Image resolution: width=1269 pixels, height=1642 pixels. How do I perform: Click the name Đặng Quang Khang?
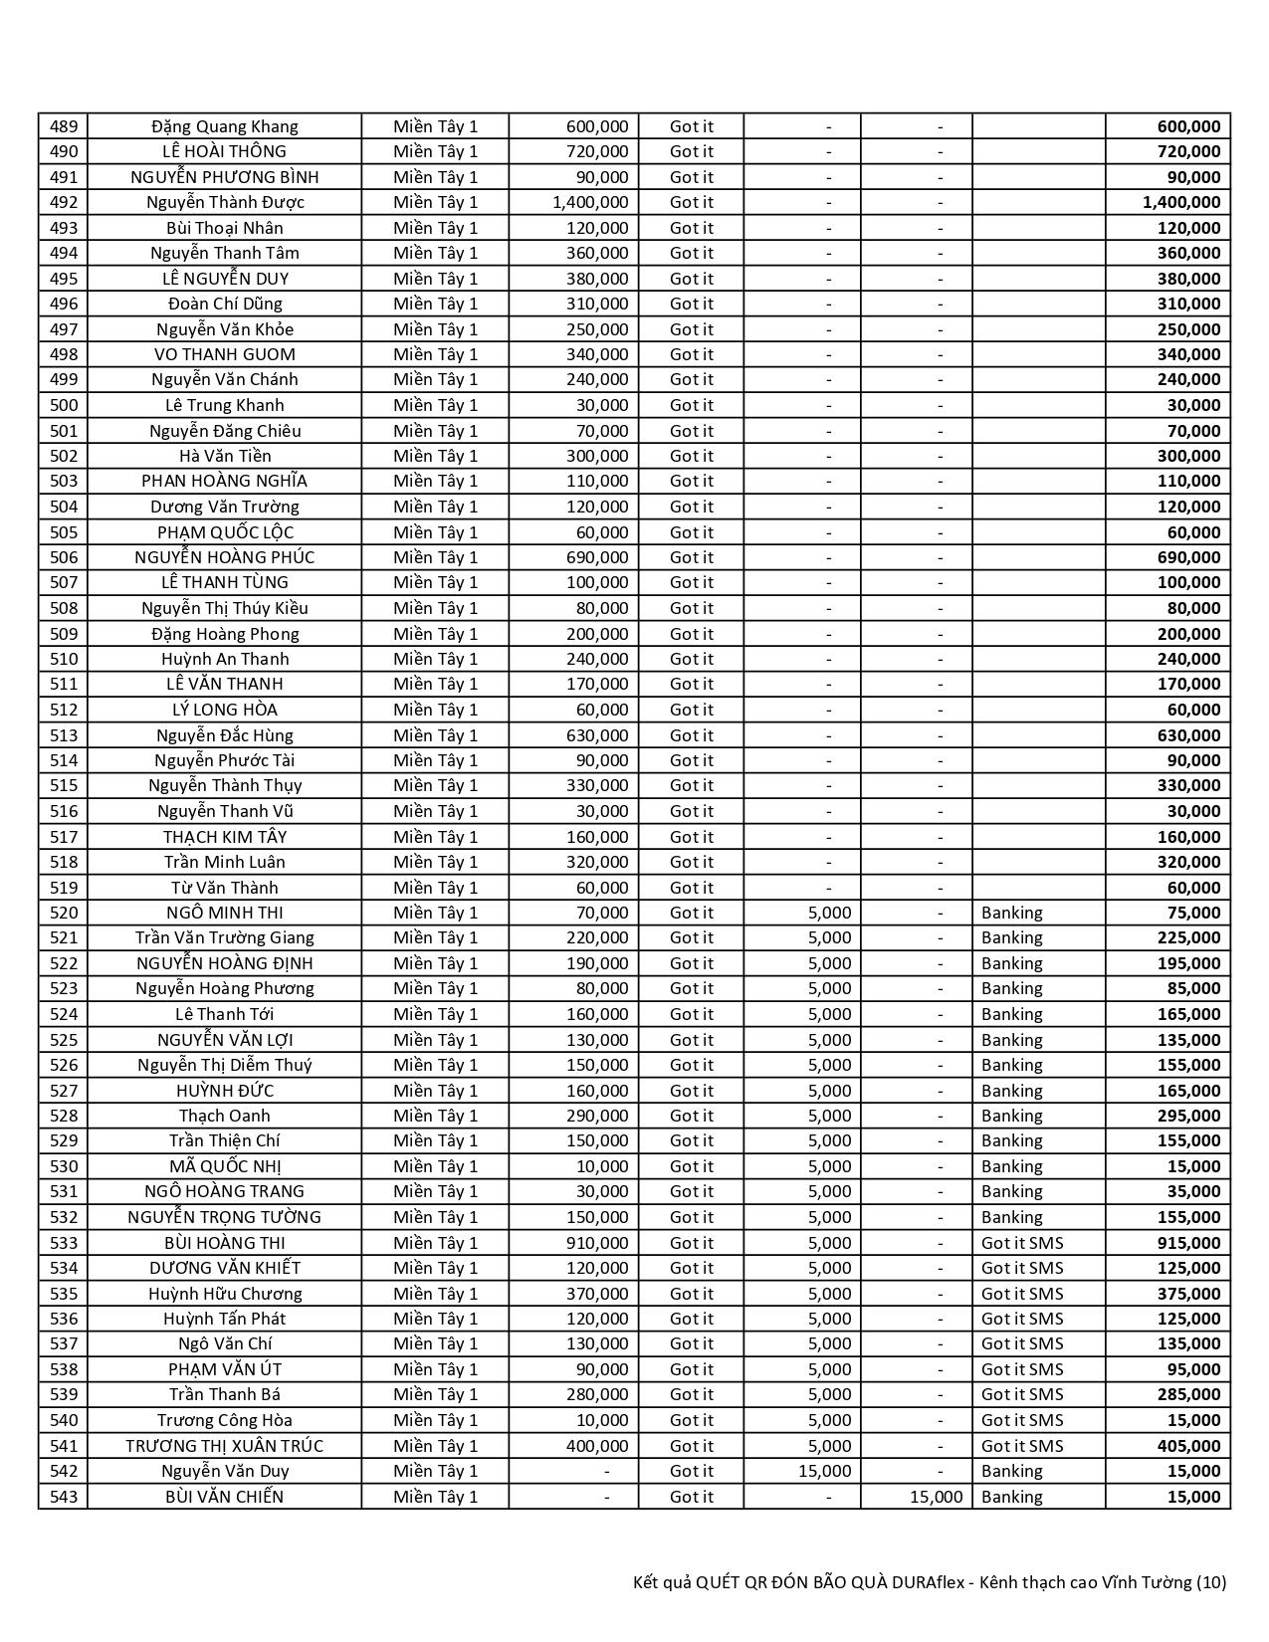224,126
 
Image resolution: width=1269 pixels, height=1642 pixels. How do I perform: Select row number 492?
63,202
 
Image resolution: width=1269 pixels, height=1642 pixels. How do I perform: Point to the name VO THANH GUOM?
224,354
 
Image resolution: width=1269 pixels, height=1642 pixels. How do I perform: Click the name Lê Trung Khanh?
224,405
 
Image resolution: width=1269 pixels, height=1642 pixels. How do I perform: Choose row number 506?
63,557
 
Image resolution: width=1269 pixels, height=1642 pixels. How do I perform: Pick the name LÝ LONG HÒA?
224,710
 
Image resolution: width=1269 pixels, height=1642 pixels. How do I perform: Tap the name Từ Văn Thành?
224,888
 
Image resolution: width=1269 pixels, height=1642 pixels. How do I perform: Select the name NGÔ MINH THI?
224,913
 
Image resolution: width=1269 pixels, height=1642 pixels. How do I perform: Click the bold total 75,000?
1193,913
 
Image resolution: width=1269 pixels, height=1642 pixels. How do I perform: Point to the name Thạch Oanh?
224,1116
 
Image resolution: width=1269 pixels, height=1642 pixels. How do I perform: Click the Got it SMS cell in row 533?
1022,1243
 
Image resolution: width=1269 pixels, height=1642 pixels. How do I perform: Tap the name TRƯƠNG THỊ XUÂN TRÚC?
224,1446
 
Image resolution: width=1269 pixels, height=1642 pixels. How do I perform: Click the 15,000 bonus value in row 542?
825,1471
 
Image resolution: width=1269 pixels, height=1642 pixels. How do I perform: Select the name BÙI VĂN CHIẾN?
224,1497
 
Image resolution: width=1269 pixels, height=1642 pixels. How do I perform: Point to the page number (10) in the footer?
1210,1582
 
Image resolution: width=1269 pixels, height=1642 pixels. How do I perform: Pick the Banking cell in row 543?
1011,1497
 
